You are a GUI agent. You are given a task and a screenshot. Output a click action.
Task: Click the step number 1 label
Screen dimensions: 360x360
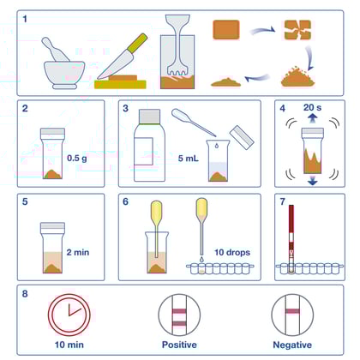pyautogui.click(x=27, y=17)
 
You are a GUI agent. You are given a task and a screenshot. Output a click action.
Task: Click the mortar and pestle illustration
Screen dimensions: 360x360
pyautogui.click(x=62, y=64)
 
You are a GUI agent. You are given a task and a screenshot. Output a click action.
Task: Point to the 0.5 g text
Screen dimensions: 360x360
pyautogui.click(x=79, y=159)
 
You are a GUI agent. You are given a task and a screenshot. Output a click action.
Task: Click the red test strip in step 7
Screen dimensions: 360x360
pyautogui.click(x=292, y=236)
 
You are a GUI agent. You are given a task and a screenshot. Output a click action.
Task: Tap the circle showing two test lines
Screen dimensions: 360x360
pyautogui.click(x=179, y=314)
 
